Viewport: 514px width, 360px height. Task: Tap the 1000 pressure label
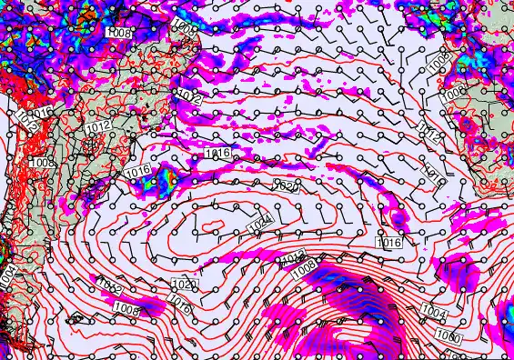(x=448, y=337)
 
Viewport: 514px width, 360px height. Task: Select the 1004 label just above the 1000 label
(x=435, y=313)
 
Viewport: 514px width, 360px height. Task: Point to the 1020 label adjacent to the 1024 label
(x=287, y=185)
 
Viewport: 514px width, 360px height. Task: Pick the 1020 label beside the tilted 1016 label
(x=182, y=285)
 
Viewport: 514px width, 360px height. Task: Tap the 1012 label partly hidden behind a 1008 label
(x=291, y=258)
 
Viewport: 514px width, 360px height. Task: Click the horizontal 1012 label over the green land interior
(x=99, y=126)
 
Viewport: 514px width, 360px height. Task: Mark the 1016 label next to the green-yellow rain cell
(x=138, y=170)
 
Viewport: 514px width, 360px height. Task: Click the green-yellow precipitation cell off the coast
(x=168, y=181)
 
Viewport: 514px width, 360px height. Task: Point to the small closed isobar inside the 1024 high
(x=212, y=225)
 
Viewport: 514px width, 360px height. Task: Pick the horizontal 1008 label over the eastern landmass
(x=453, y=92)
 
